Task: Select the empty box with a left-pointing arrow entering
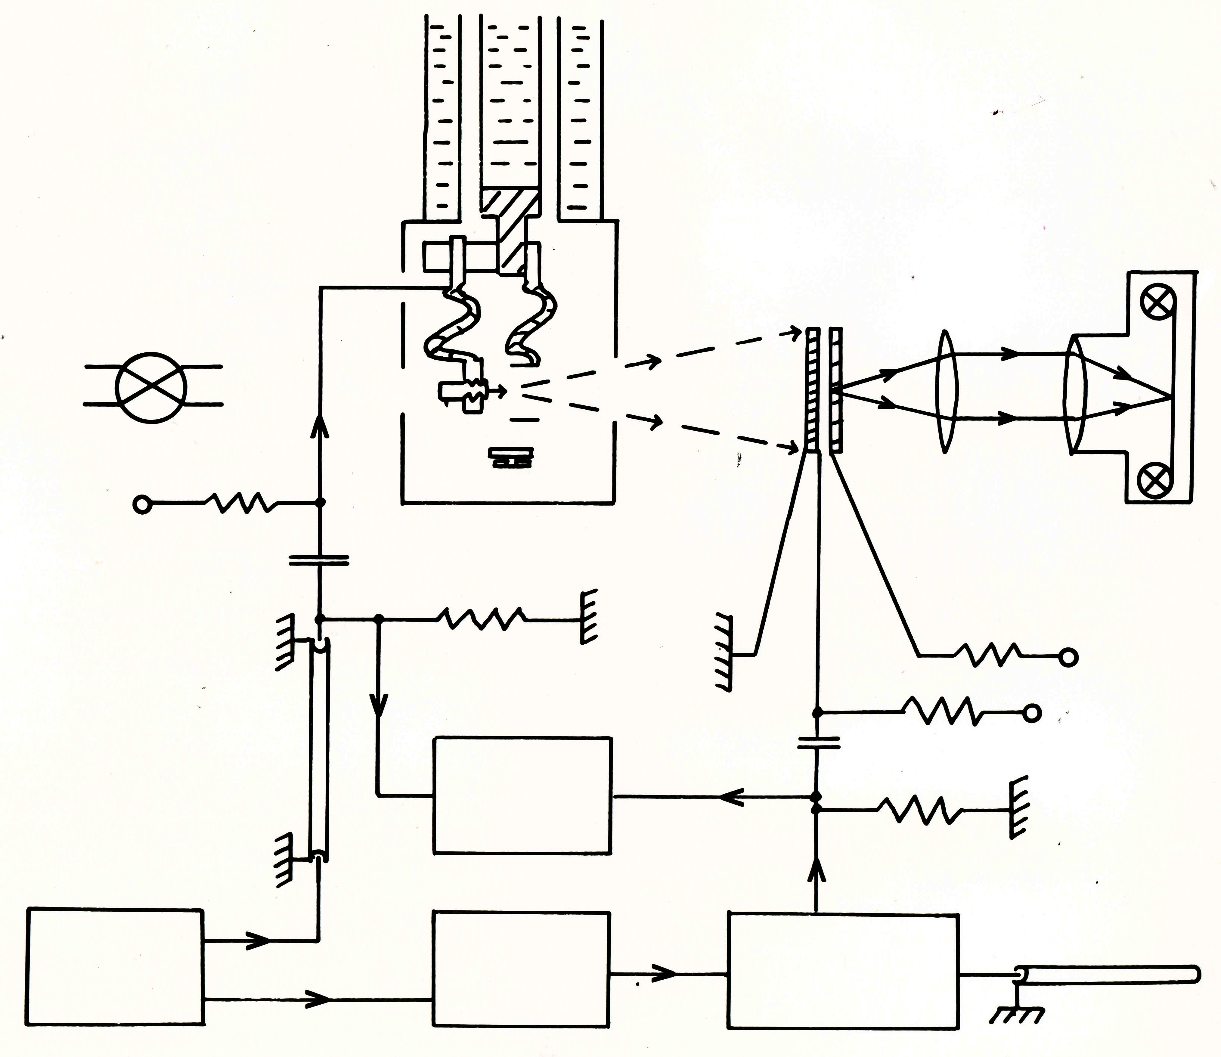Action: [522, 795]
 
